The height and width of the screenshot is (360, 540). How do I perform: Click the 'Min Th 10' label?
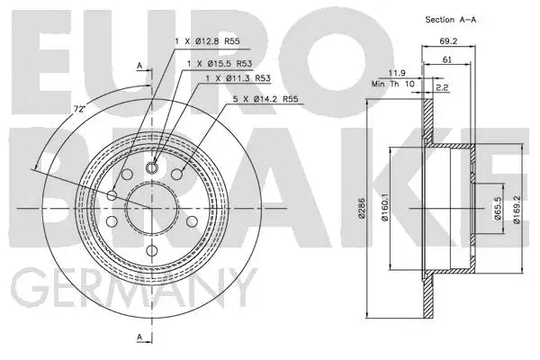[390, 84]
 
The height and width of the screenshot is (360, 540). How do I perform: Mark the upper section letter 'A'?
[139, 66]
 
